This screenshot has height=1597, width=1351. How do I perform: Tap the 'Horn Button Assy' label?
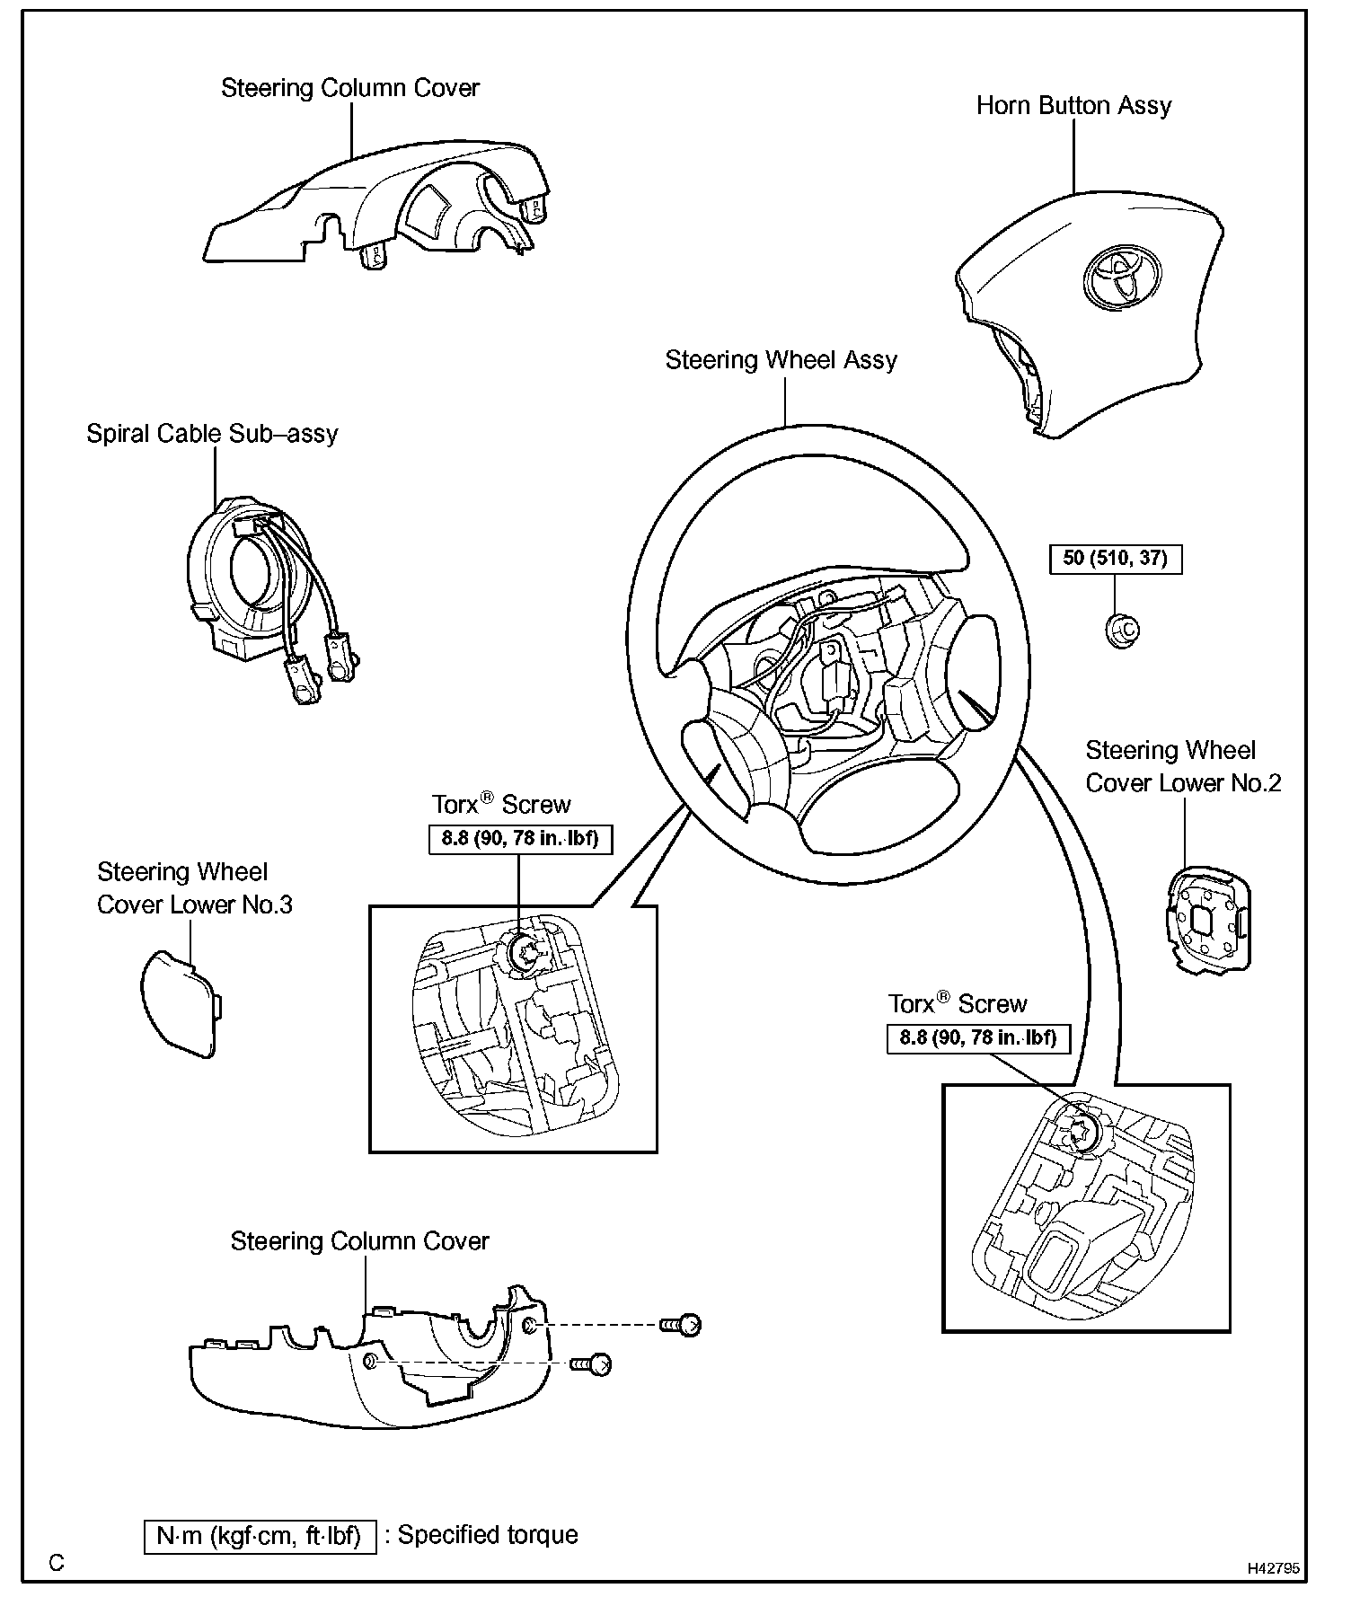[x=1073, y=106]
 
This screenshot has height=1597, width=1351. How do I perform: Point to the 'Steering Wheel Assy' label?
[x=781, y=360]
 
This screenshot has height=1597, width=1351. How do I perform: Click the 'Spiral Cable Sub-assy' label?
[x=212, y=434]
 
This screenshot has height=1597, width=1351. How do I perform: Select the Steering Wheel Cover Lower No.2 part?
[x=1208, y=921]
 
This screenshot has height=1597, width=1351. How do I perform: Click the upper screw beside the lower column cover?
[x=682, y=1324]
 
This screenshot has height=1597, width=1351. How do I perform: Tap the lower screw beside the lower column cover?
[x=594, y=1364]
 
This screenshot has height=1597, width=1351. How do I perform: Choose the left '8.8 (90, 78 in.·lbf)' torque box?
[x=519, y=839]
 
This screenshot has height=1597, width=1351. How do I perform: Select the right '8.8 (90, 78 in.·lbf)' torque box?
[x=977, y=1038]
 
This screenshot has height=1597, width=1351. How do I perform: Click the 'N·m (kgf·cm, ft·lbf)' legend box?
[x=260, y=1536]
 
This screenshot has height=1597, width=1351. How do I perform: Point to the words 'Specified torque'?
[x=488, y=1535]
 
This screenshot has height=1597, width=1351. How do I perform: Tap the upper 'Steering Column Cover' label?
[x=350, y=88]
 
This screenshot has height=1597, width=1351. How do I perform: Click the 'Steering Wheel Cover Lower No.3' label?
[x=195, y=888]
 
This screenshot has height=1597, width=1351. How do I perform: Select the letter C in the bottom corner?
[x=57, y=1564]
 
